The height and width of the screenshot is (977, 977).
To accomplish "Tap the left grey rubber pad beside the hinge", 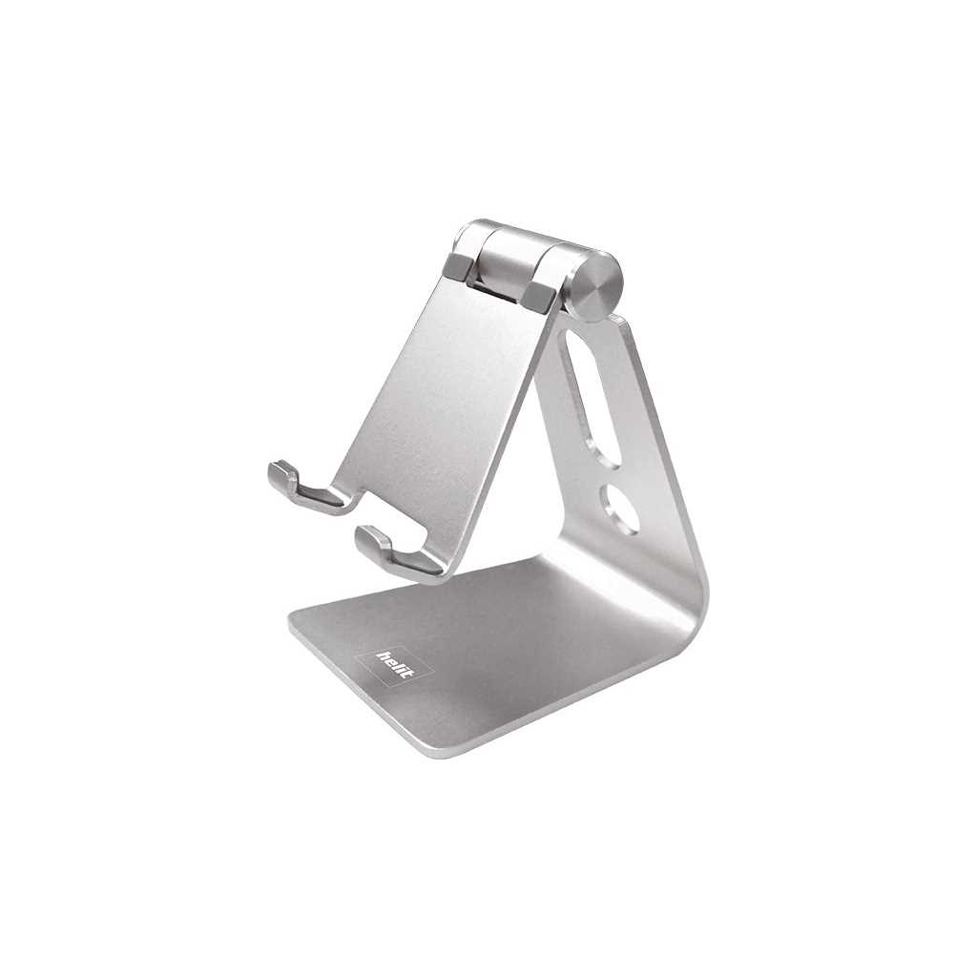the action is click(x=461, y=267).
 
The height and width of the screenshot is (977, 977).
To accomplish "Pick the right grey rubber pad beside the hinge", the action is click(x=540, y=296).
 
